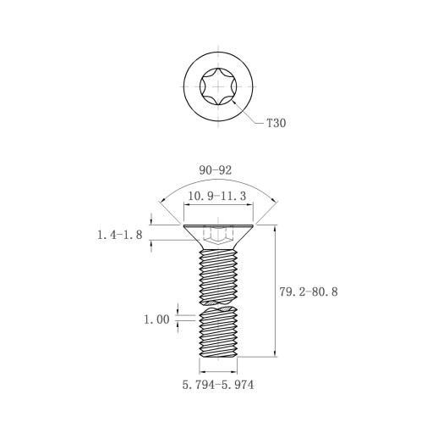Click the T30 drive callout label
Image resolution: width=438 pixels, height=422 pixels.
[x=276, y=123]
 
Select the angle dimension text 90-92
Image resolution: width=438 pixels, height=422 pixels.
[x=216, y=170]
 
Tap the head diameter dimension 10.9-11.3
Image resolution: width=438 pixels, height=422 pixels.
[x=217, y=196]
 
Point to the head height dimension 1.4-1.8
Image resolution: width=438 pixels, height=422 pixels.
[x=120, y=235]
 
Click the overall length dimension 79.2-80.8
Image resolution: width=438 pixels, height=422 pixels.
[x=309, y=292]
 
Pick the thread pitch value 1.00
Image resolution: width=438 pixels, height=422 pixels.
[x=156, y=319]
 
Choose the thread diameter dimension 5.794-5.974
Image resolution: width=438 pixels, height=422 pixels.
[x=218, y=385]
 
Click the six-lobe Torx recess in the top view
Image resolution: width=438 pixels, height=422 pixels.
[x=218, y=86]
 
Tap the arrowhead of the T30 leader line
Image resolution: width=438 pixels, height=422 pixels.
[x=233, y=102]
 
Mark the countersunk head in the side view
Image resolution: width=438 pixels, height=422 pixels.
[x=218, y=237]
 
